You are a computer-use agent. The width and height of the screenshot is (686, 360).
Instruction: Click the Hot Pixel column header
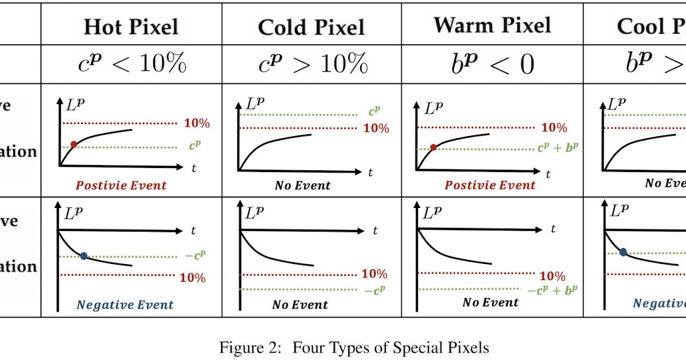coord(131,27)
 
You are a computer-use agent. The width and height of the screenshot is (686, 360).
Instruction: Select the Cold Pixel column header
coord(311,27)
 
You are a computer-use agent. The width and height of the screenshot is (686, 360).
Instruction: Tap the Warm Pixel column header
coord(492,25)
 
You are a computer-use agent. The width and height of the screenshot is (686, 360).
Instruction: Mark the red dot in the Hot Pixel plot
coord(74,145)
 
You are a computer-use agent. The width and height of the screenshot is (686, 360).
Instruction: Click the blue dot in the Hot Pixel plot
coord(84,256)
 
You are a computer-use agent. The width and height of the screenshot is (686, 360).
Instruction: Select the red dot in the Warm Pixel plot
coord(433,147)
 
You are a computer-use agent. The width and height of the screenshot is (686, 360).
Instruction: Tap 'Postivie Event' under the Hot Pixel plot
coord(121,185)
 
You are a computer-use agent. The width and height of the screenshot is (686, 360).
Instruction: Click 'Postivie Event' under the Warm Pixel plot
coord(490,185)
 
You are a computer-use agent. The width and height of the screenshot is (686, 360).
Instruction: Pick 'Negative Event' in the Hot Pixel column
coord(125,305)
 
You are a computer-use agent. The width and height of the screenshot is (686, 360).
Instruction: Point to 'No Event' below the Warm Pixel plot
coord(490,302)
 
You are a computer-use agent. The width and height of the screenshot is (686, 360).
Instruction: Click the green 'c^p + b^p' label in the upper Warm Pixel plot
coord(557,147)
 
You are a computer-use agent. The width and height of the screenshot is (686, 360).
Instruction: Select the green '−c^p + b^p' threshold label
coord(552,290)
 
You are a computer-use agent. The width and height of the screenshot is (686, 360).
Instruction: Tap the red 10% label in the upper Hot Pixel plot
coord(197,123)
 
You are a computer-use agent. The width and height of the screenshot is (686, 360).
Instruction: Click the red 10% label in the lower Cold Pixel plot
coord(374,274)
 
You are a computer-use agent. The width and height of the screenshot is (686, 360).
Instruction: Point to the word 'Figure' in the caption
coord(240,347)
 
